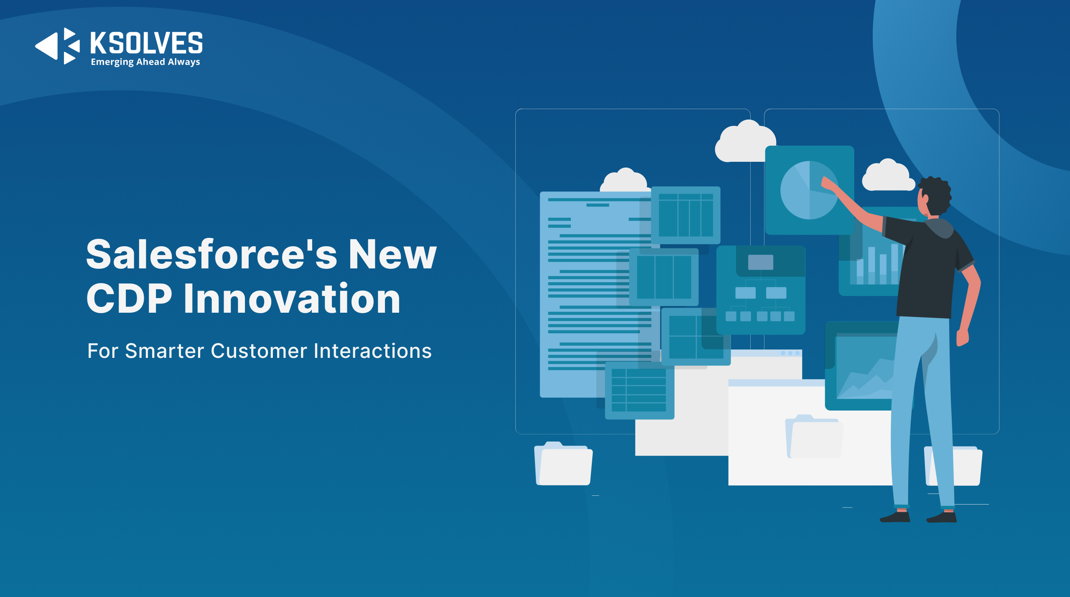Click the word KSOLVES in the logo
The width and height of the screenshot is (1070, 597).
[x=147, y=43]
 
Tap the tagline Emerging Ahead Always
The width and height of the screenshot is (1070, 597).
[x=145, y=62]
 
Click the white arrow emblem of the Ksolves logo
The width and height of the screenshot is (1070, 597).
[x=58, y=46]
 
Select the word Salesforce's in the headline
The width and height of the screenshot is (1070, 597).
[x=211, y=254]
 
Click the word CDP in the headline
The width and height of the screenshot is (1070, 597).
[x=129, y=298]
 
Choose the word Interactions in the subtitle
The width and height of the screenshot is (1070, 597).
[x=373, y=351]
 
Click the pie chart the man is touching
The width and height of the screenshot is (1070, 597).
[x=809, y=190]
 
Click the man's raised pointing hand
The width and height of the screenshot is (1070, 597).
[x=828, y=184]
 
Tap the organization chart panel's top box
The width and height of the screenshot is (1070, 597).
[x=760, y=262]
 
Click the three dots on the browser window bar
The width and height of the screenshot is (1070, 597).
[x=790, y=353]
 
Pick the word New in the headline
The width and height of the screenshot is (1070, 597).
[x=392, y=254]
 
